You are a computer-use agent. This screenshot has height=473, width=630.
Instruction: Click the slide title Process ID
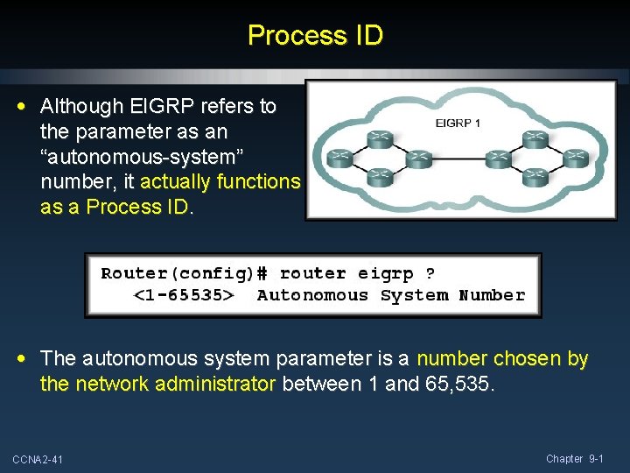315,36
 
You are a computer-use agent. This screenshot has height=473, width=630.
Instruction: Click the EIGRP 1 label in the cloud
458,124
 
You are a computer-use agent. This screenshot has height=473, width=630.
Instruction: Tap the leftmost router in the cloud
337,159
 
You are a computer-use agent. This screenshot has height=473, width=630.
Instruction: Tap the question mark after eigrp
430,273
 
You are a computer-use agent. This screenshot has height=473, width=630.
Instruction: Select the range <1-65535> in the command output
183,295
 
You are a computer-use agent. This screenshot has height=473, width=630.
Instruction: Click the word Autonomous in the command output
312,295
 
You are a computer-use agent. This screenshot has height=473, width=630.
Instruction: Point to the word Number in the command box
492,295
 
